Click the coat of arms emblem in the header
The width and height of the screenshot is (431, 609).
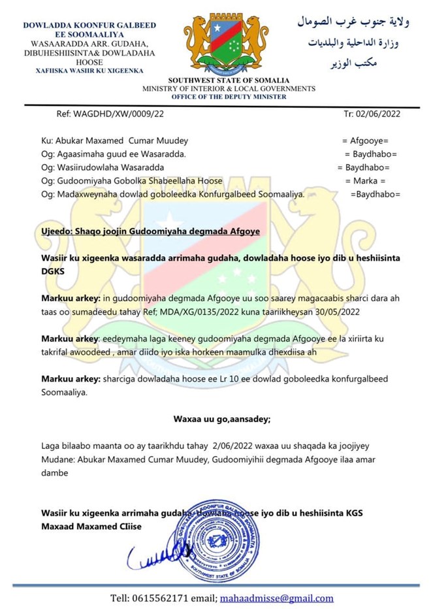point(225,41)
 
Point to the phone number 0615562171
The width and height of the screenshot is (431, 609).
point(158,597)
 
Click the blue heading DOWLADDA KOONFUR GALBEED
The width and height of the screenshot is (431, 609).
point(89,25)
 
